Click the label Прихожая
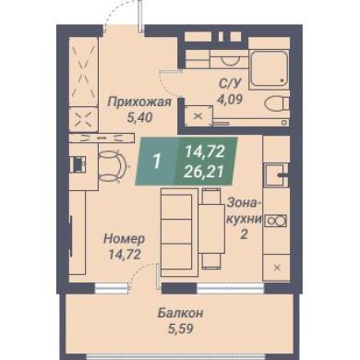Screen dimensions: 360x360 click(x=139, y=102)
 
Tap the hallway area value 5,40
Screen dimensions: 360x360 click(x=139, y=117)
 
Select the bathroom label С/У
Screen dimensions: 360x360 click(x=230, y=83)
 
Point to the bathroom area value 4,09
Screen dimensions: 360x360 click(x=230, y=99)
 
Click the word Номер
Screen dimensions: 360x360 click(x=124, y=238)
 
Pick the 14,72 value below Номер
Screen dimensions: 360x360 click(x=124, y=254)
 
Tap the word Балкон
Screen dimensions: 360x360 click(x=180, y=314)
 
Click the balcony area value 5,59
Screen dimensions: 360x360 click(x=180, y=329)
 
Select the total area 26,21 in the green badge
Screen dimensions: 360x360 click(x=203, y=173)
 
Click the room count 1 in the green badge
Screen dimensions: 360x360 click(x=157, y=161)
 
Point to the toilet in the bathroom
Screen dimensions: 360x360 click(x=277, y=104)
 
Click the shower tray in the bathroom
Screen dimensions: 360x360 click(x=270, y=68)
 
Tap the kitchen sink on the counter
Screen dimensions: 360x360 click(x=276, y=175)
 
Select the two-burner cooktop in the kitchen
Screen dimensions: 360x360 click(x=276, y=221)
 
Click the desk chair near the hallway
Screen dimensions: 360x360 click(x=112, y=166)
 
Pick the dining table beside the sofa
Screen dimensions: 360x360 click(x=211, y=229)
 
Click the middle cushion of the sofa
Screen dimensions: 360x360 click(x=176, y=231)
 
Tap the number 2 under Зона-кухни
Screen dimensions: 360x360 click(x=244, y=235)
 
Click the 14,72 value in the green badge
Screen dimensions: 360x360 click(x=205, y=151)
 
